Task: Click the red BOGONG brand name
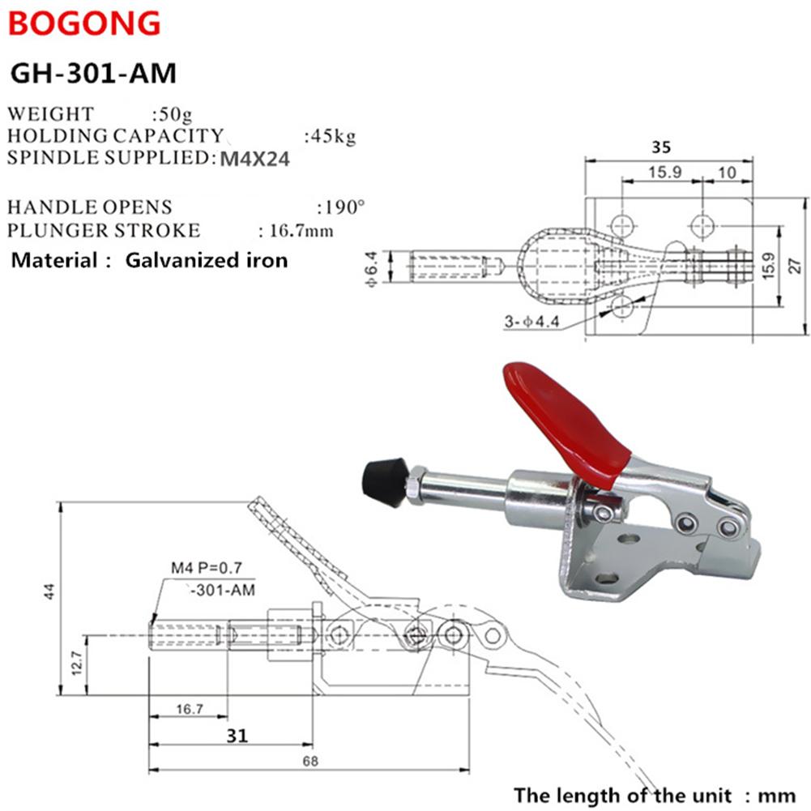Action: tap(84, 23)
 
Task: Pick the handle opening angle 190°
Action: tap(342, 207)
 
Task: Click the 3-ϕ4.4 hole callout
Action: tap(531, 322)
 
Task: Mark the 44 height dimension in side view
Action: tap(50, 593)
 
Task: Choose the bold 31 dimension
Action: tap(236, 735)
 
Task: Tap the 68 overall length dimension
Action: tap(311, 761)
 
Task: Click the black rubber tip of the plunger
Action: tap(382, 480)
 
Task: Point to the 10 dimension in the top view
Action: tap(727, 173)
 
